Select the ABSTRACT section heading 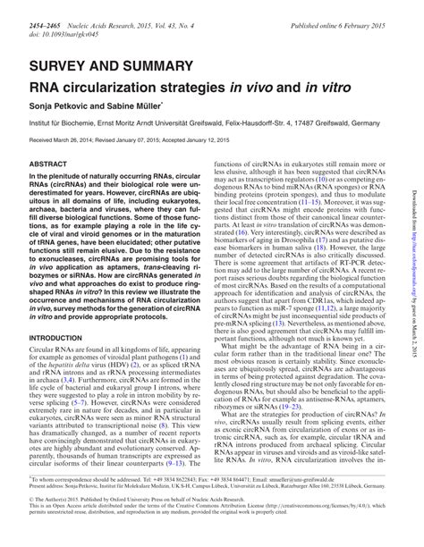(50, 165)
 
